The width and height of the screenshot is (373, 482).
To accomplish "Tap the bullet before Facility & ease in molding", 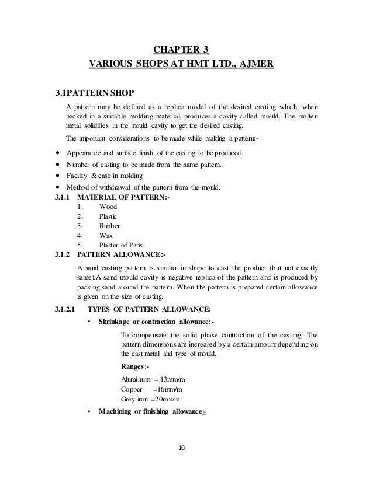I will (x=58, y=176).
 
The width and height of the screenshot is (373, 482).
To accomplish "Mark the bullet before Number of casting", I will (x=58, y=165).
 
